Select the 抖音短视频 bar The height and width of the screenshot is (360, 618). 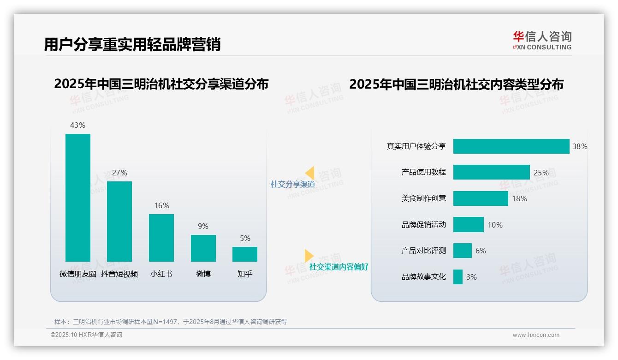coord(119,222)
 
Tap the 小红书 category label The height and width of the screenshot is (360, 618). coord(161,274)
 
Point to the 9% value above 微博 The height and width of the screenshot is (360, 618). coord(203,226)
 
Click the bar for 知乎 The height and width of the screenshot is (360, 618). coord(245,254)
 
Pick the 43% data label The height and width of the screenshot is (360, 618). coord(77,125)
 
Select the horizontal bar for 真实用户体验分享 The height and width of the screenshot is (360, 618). coord(511,146)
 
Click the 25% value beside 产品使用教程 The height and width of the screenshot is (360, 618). coord(541,173)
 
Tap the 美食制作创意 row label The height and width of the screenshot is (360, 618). coord(423,198)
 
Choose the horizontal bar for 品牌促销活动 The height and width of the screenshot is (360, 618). coord(468,225)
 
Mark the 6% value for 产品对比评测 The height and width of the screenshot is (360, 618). coord(481,251)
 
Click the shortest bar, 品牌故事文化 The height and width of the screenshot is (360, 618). coord(458,277)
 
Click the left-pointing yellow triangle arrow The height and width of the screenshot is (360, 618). coord(310,173)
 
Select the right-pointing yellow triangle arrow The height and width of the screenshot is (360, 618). coord(309,256)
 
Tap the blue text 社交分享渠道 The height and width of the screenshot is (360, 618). coord(292,184)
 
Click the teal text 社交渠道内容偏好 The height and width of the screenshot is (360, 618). coord(339,267)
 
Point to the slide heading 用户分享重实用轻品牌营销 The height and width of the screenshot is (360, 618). coord(132,44)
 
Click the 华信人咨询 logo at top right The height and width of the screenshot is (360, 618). coord(542,40)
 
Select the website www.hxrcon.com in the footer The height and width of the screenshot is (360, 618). coord(535,335)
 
